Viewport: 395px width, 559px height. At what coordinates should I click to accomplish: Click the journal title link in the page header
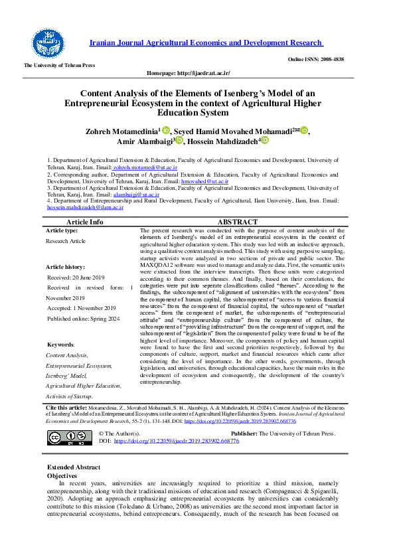[x=206, y=42]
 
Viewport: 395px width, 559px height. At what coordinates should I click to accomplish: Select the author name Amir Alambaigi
[x=143, y=141]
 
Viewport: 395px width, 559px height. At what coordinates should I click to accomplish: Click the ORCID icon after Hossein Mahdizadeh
[x=265, y=141]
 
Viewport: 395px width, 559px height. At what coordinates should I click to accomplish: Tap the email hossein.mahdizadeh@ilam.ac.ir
[x=85, y=207]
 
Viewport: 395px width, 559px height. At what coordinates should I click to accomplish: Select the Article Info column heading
[x=85, y=222]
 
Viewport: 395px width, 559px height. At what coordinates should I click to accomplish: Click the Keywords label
[x=60, y=345]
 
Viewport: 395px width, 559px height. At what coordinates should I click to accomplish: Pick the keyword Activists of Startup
[x=69, y=396]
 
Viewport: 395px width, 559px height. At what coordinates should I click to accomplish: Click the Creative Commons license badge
[x=60, y=437]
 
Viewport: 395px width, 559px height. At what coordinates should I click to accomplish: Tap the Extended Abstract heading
[x=74, y=467]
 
